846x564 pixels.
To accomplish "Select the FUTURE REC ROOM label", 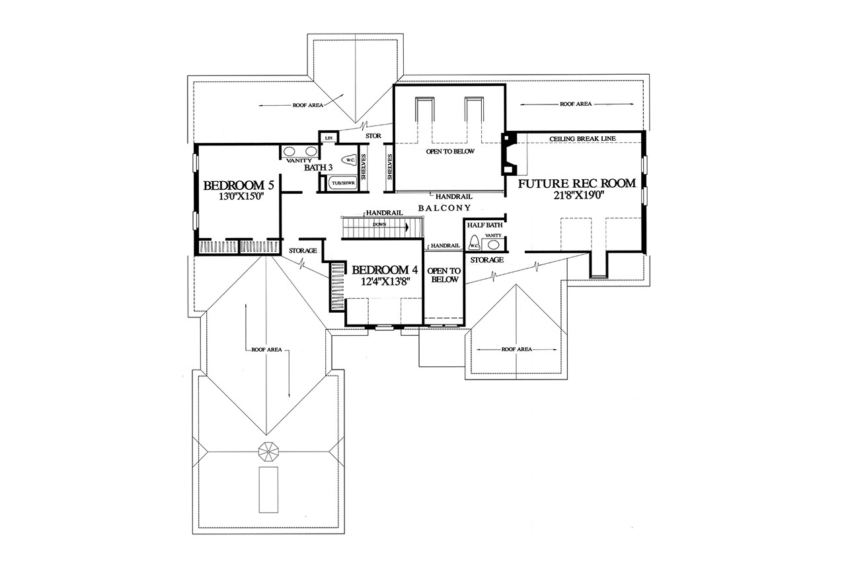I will pyautogui.click(x=577, y=183).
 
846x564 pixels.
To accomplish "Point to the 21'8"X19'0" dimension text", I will pyautogui.click(x=577, y=196).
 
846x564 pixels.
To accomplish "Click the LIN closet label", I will pyautogui.click(x=328, y=138).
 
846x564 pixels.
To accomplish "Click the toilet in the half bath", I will pyautogui.click(x=474, y=244).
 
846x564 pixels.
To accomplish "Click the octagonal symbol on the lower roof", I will pyautogui.click(x=268, y=452).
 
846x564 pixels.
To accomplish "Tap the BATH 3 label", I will pyautogui.click(x=318, y=168).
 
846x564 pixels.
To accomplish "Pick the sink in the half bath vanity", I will pyautogui.click(x=494, y=244).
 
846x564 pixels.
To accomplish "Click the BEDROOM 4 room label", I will pyautogui.click(x=385, y=270).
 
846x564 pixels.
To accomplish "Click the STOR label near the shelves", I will pyautogui.click(x=373, y=136).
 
